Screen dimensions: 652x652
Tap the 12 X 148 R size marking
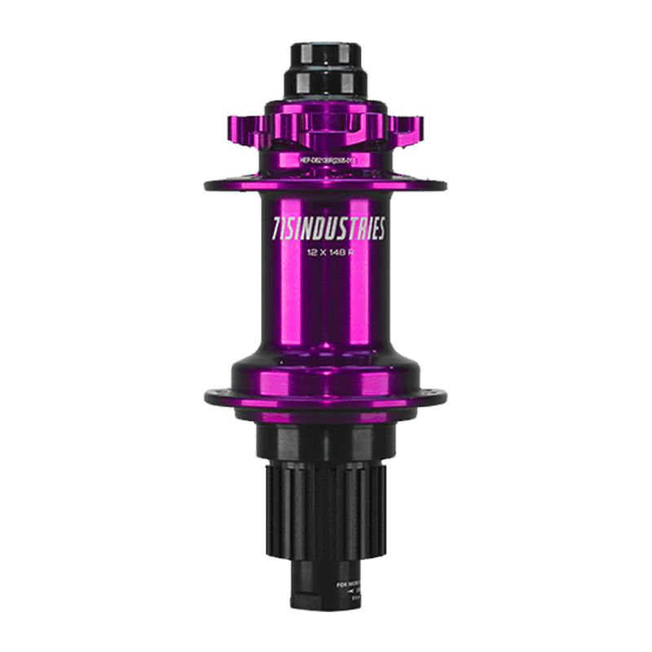click(326, 252)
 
